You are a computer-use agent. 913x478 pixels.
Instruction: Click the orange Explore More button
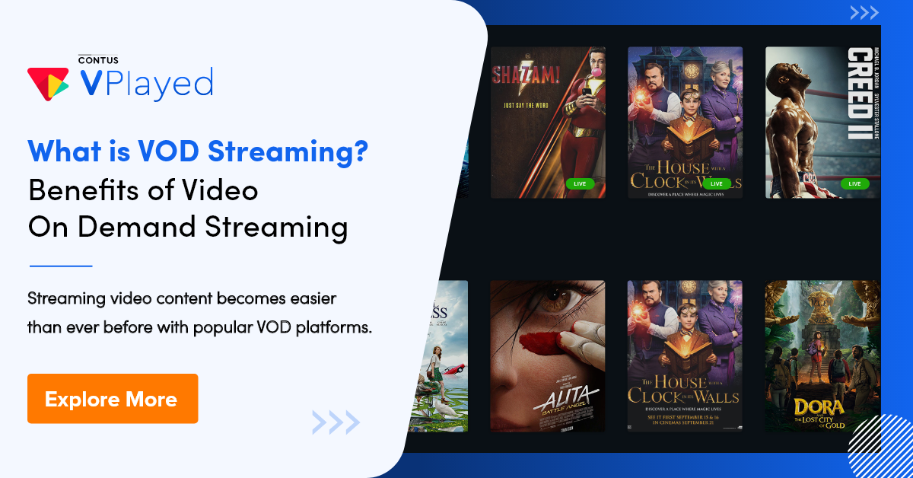[113, 399]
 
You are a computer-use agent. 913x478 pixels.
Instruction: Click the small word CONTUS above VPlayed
[97, 59]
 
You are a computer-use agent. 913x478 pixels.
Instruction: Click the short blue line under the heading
[60, 266]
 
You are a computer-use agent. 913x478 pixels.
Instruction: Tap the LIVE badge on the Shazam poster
[579, 183]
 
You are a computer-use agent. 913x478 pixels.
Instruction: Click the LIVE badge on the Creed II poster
[854, 183]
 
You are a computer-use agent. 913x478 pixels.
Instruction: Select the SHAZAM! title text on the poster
[525, 75]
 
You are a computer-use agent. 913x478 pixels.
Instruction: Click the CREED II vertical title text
[860, 92]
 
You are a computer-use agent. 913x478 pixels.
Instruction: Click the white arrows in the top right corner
[864, 13]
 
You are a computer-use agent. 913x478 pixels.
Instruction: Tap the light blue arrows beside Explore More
[336, 421]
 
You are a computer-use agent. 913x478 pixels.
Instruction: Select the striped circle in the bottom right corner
[885, 453]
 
